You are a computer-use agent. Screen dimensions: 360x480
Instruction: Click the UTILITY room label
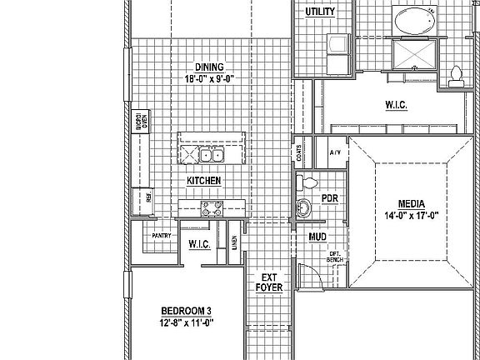coord(320,12)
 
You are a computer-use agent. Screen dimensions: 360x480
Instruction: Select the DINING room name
coord(210,67)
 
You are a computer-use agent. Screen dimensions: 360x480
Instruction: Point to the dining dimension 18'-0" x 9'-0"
coord(210,79)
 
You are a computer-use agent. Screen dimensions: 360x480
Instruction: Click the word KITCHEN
coord(203,180)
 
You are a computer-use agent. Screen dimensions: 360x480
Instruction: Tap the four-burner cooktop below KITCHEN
coord(211,209)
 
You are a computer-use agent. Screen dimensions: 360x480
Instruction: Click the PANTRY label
coord(161,236)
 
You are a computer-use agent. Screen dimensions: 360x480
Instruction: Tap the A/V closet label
coord(335,152)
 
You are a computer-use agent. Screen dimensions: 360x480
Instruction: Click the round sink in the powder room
coord(304,208)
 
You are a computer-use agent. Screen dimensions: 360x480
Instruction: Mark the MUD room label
coord(317,237)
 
